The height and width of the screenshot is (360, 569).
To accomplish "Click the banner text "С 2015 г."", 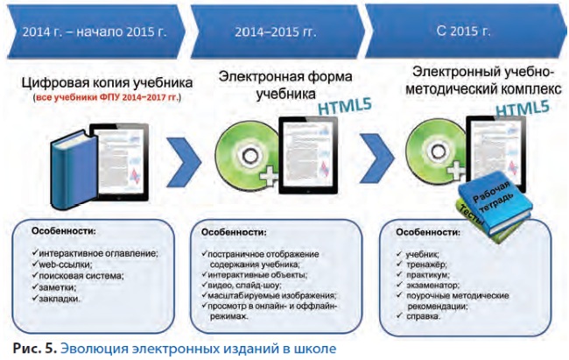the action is click(x=463, y=31).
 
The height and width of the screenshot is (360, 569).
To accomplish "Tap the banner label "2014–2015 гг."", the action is click(x=276, y=32).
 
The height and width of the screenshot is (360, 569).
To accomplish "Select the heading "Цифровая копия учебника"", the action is click(x=107, y=83).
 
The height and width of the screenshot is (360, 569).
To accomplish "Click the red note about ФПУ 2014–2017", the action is click(x=107, y=98).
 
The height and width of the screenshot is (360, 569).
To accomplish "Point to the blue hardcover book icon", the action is click(x=74, y=170).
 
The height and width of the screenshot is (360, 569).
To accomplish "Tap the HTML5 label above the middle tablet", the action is click(x=345, y=107).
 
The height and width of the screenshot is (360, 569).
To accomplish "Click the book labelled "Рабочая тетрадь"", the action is click(x=495, y=204).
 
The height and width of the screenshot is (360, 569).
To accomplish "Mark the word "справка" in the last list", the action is click(x=423, y=316).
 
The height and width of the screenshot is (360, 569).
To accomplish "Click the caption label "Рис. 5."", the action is click(x=35, y=349).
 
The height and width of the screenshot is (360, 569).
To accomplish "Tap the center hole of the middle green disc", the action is click(x=249, y=157).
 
